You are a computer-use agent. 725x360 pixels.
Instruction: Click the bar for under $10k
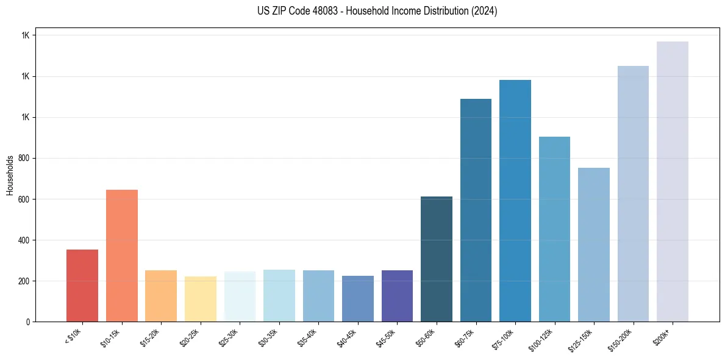coord(82,286)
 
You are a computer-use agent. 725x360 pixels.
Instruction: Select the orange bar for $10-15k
coord(122,256)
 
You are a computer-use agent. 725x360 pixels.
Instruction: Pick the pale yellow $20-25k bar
coord(201,299)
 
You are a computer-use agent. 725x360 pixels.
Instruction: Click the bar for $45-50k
coord(397,296)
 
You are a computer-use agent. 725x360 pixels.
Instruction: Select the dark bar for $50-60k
coord(437,259)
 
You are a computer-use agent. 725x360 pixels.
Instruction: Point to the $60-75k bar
coord(476,211)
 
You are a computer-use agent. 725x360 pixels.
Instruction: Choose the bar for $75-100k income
coord(515,201)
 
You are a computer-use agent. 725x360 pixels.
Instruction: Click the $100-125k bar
coord(554,229)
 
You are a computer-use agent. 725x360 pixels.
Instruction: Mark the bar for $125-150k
coord(594,245)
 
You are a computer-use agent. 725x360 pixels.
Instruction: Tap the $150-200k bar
coord(633,194)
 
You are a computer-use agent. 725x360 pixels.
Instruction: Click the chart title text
coord(377,11)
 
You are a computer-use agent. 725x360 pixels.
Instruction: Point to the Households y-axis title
coord(10,175)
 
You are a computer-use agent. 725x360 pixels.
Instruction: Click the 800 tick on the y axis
coord(24,158)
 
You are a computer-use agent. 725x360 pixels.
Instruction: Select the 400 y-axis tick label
coord(24,240)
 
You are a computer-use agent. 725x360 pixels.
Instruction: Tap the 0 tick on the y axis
coord(27,322)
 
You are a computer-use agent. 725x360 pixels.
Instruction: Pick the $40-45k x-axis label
coord(348,337)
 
